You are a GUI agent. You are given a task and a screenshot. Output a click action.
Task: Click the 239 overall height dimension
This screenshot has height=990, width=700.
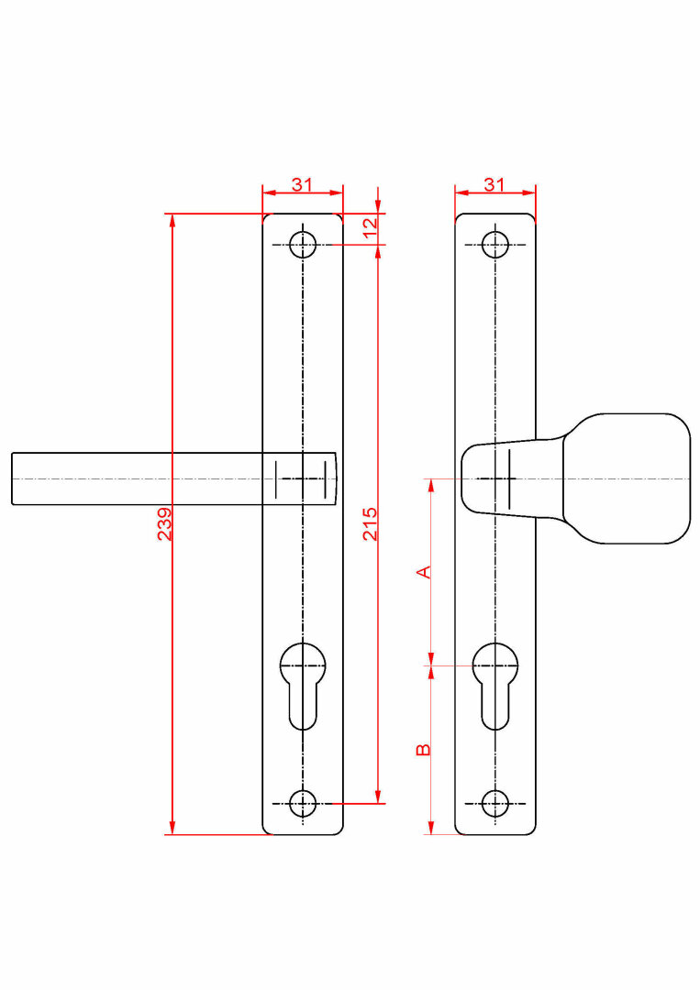click(x=164, y=523)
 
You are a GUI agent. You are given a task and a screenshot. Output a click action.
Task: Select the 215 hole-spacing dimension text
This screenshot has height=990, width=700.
click(x=370, y=523)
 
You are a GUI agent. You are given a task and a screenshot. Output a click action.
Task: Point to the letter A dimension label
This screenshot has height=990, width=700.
click(x=424, y=572)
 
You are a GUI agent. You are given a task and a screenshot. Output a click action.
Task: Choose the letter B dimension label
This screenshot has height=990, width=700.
click(x=423, y=750)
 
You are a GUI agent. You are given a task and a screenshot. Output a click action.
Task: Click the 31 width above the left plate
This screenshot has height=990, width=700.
click(x=302, y=184)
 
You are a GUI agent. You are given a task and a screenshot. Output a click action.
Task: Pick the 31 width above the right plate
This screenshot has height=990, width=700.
click(x=494, y=184)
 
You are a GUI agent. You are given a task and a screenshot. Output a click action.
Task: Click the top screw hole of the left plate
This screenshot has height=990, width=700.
click(x=303, y=245)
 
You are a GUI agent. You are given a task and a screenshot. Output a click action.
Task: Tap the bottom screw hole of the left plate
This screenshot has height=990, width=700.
click(x=303, y=804)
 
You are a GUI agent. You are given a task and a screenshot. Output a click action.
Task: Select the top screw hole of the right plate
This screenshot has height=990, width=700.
click(x=495, y=245)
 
